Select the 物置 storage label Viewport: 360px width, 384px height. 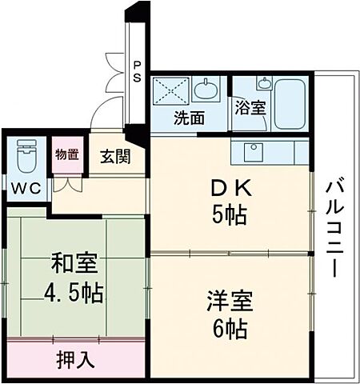point(66,154)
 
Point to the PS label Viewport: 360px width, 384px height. point(138,73)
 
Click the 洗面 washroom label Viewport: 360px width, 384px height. point(190,118)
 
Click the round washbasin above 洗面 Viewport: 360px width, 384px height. point(206,88)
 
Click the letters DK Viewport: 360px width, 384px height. point(232,189)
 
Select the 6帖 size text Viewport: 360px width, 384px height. point(230,328)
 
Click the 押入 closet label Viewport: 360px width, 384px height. point(75,359)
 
